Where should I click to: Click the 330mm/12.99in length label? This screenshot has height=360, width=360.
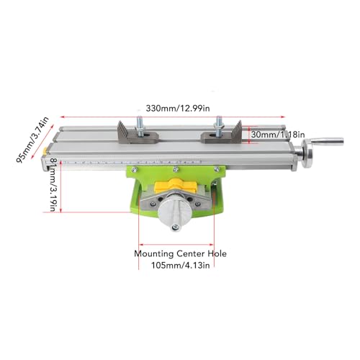pos(178,109)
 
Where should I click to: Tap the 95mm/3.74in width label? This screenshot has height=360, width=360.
pos(32,140)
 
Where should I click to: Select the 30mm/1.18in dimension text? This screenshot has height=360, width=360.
pos(278,135)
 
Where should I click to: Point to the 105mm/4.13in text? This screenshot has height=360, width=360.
pos(180,265)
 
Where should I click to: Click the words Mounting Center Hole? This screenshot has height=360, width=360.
pos(180,253)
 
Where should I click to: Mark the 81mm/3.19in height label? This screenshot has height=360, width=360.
pos(54,184)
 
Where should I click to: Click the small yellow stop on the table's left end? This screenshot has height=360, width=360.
pos(45,151)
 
